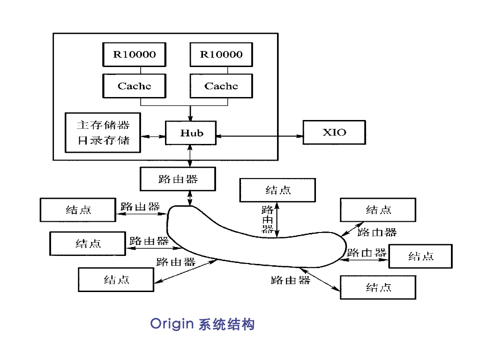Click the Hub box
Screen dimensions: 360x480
pos(191,133)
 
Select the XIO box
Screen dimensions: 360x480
pos(334,132)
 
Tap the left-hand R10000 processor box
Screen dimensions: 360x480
pos(134,54)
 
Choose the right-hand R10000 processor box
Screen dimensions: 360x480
pos(221,54)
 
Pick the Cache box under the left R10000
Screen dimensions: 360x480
pos(134,86)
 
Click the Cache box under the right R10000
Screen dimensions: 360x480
pos(221,86)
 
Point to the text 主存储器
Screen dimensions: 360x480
pos(103,125)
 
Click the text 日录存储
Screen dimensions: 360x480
pos(103,140)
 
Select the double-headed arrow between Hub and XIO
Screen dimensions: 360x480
pos(260,136)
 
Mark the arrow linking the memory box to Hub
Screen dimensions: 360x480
pos(153,136)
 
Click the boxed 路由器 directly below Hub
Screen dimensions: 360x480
pos(178,179)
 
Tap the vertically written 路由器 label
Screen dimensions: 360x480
pos(268,219)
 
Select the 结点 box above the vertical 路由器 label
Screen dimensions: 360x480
pos(277,190)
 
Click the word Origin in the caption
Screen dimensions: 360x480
pos(172,324)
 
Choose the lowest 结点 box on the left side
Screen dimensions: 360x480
pos(116,279)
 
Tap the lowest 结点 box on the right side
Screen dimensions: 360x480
pos(378,287)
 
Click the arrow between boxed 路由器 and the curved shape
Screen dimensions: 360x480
pos(190,198)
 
